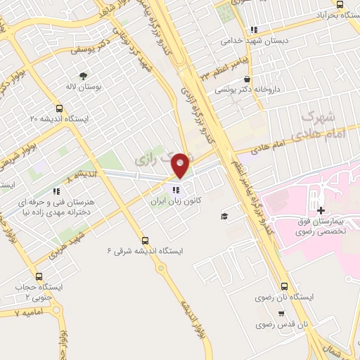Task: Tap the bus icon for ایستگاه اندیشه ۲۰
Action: coord(59,109)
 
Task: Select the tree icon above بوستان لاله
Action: coord(84,75)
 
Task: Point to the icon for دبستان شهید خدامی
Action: coord(254,30)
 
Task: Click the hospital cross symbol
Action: coord(321,210)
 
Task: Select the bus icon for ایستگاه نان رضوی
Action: coord(284,286)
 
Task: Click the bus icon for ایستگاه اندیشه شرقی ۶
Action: coord(145,240)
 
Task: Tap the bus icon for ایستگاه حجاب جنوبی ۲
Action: coord(39,277)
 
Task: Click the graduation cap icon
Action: coord(224,217)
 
